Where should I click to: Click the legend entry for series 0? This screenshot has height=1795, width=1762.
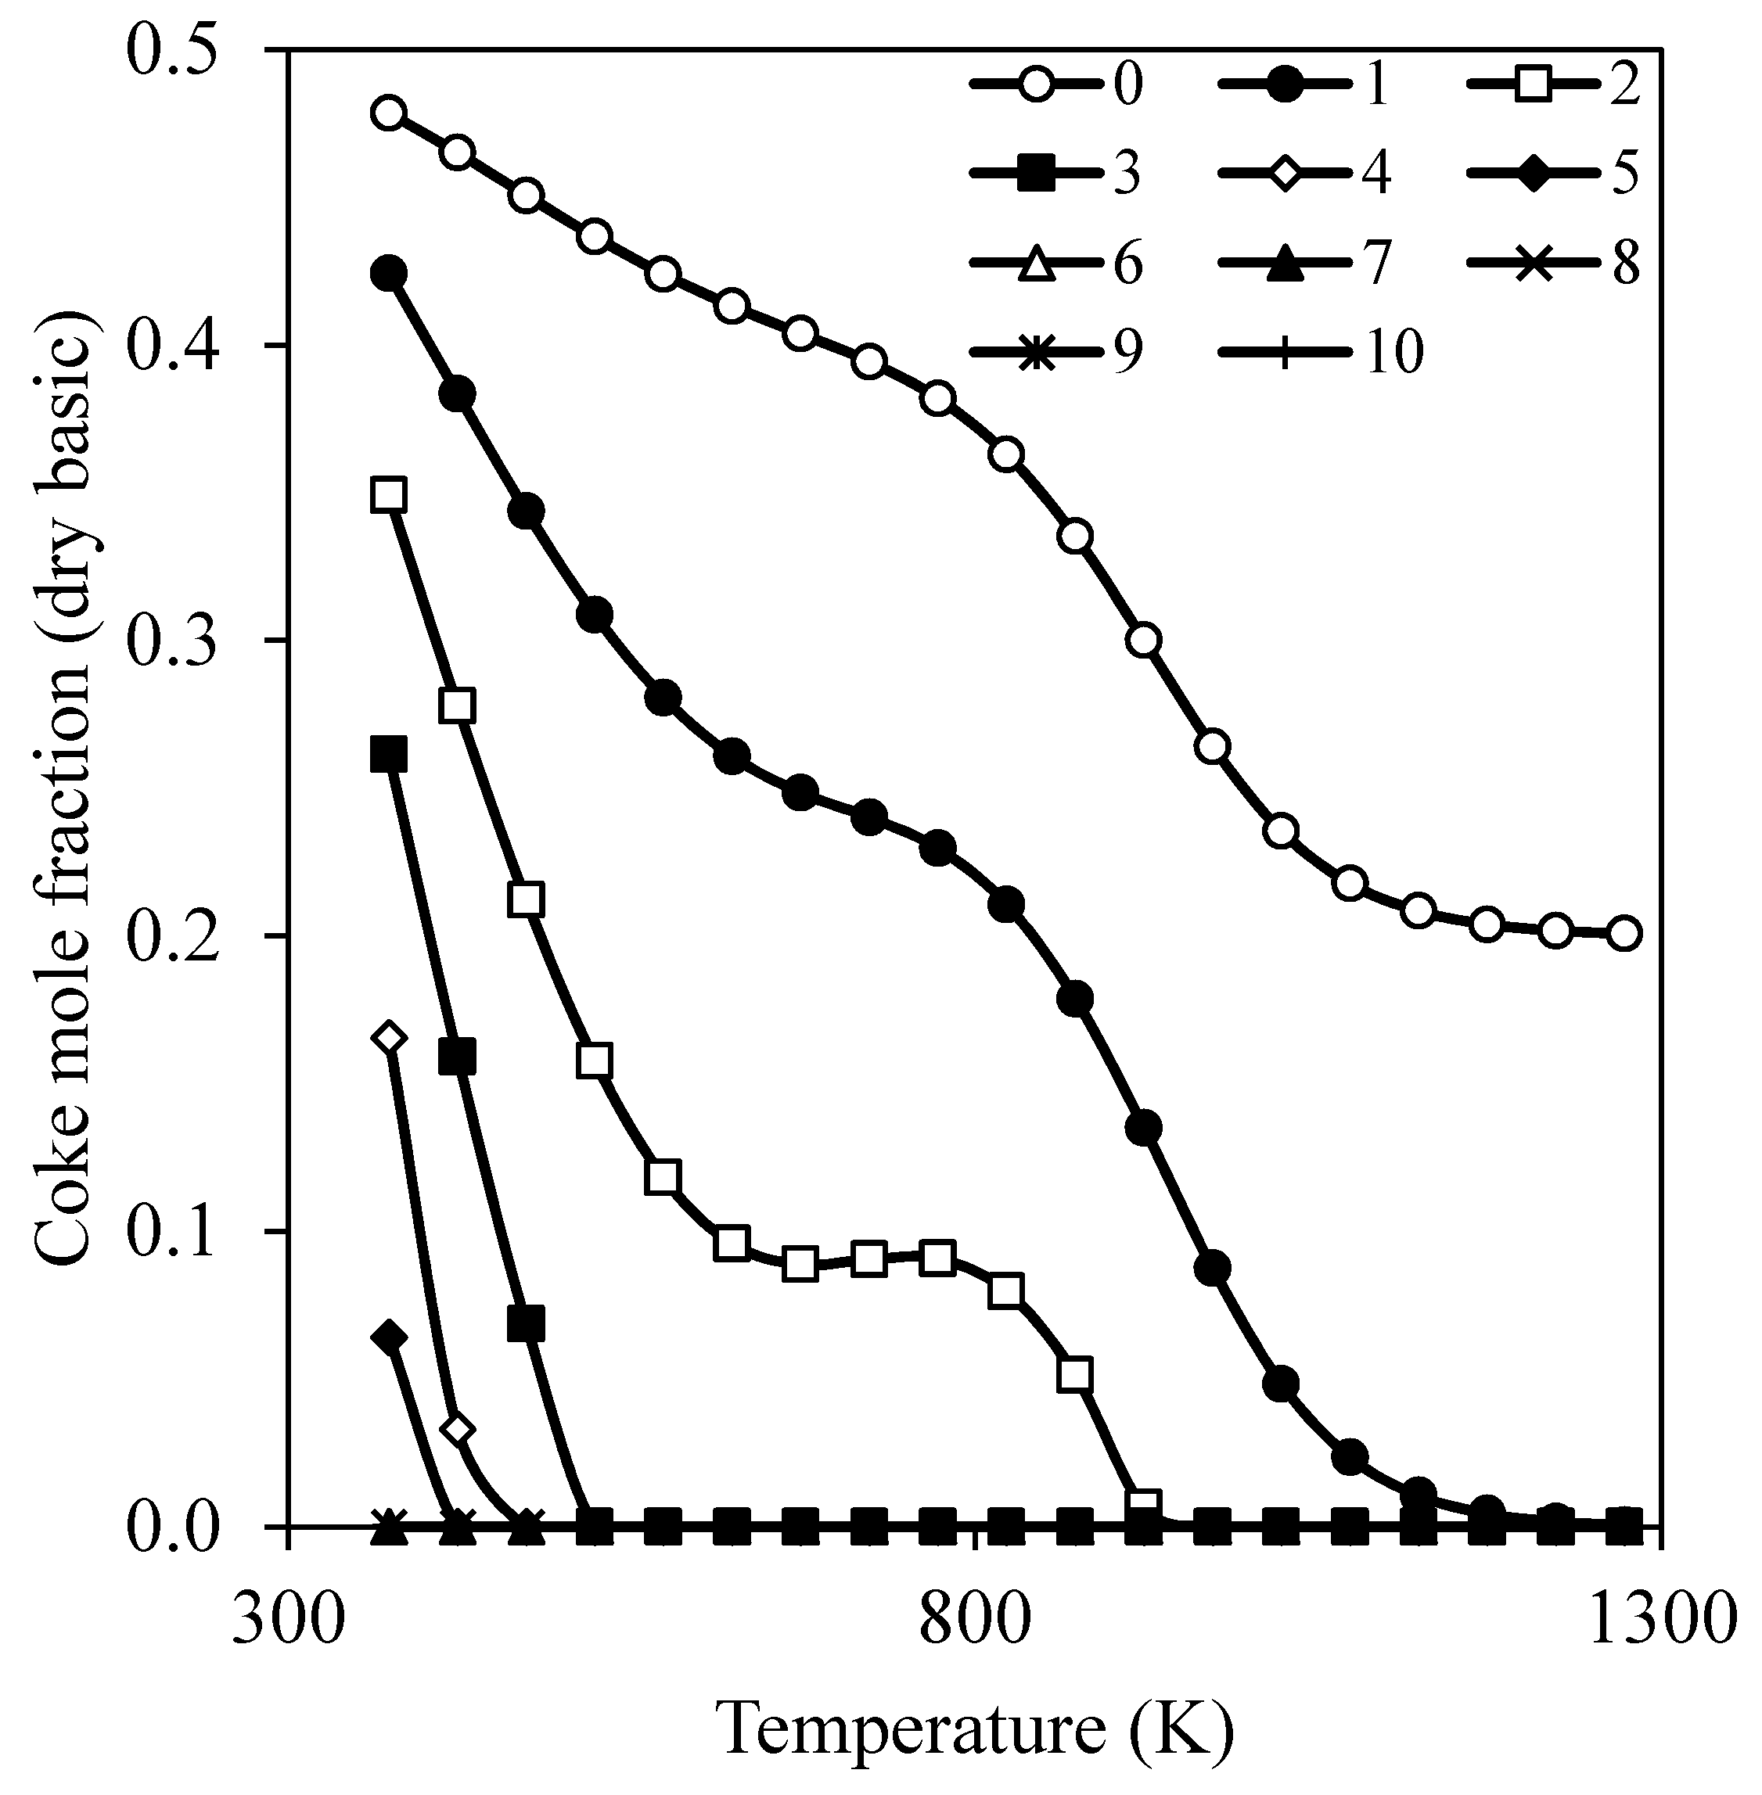click(x=1059, y=84)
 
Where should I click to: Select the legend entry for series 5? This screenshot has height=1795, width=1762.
click(x=1555, y=172)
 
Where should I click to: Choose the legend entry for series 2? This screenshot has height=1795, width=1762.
click(x=1555, y=84)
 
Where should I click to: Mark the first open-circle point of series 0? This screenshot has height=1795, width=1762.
click(x=390, y=113)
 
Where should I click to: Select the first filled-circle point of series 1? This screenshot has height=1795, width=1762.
click(x=390, y=273)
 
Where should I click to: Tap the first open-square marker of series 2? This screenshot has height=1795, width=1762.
click(x=390, y=494)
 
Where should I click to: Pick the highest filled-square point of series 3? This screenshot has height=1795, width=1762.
click(x=390, y=754)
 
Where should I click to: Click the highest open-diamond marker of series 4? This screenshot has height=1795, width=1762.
click(x=390, y=1038)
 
